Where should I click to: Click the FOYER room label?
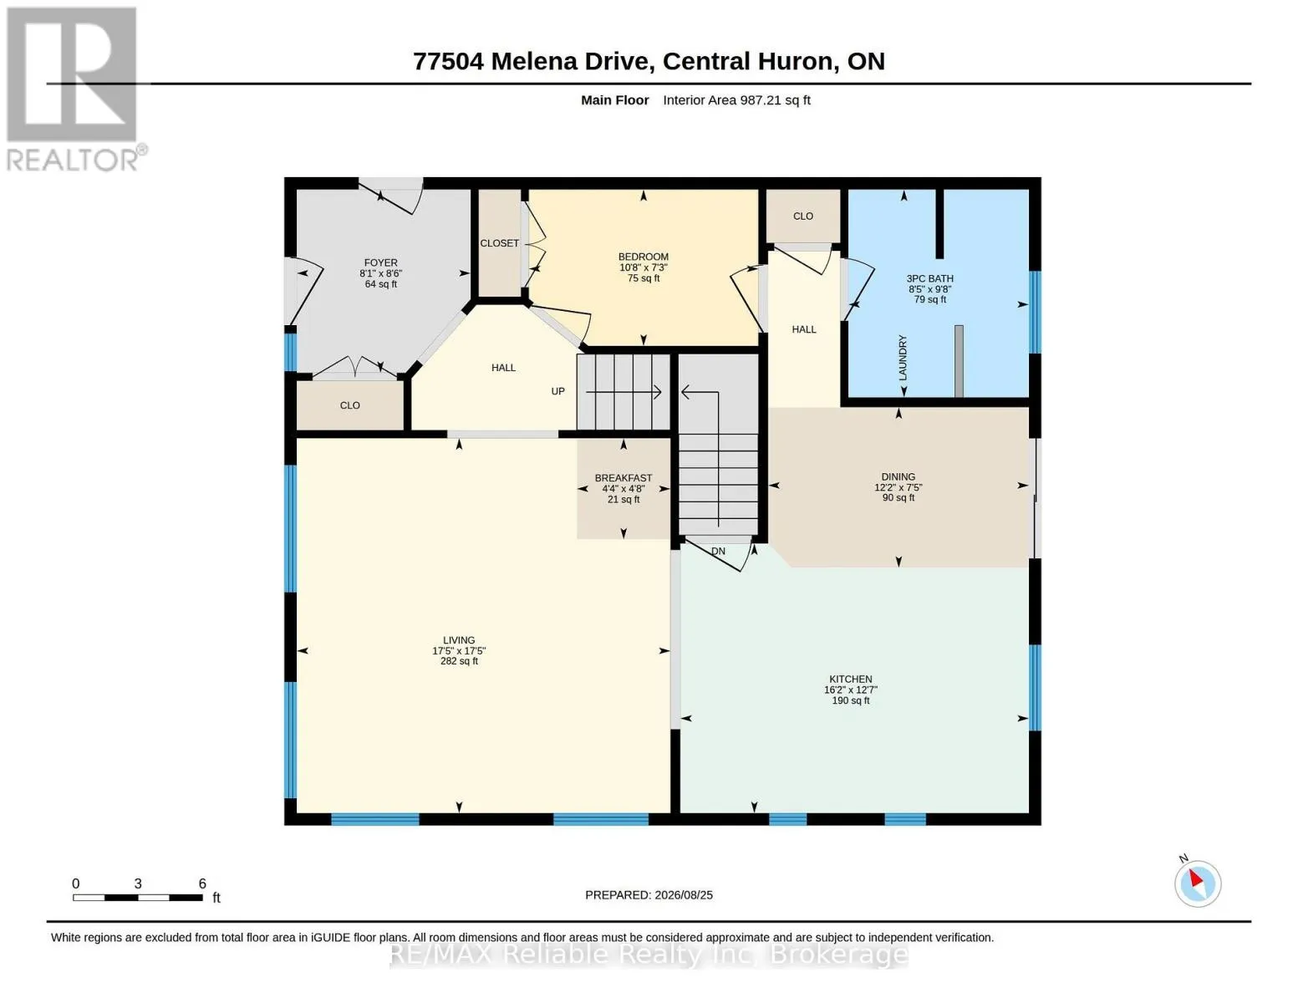click(x=380, y=262)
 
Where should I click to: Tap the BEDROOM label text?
click(x=644, y=257)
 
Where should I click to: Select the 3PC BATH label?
click(x=929, y=278)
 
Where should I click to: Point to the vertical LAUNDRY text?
click(x=903, y=358)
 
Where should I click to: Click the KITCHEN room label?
click(x=851, y=680)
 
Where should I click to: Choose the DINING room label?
click(x=898, y=476)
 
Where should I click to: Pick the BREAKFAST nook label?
click(x=623, y=478)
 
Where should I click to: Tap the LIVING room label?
click(x=459, y=639)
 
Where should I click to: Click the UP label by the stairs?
click(x=557, y=391)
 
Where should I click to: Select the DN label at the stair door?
click(x=718, y=551)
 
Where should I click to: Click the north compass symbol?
click(x=1197, y=883)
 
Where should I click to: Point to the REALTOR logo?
click(x=74, y=89)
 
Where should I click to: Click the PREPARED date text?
click(x=649, y=895)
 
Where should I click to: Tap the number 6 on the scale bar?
click(x=202, y=883)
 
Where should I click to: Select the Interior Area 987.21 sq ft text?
click(x=736, y=100)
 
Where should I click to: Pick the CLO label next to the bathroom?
click(x=803, y=216)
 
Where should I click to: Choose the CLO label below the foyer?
click(x=349, y=405)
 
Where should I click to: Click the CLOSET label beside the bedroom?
click(x=499, y=243)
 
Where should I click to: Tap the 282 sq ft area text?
click(x=459, y=661)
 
